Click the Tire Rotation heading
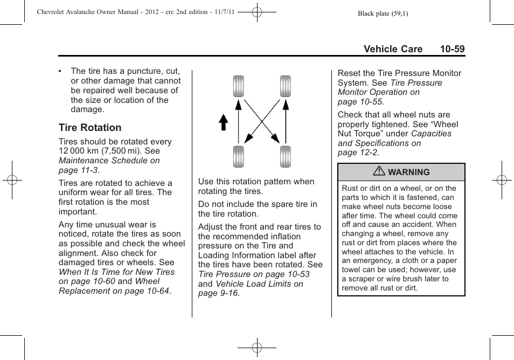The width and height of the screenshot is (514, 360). tap(90, 128)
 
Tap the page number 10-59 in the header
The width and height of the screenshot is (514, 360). tap(452, 49)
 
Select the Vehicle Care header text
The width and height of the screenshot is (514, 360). tap(393, 49)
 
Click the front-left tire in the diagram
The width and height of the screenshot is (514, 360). tap(239, 87)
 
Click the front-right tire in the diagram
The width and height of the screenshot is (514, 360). tap(286, 87)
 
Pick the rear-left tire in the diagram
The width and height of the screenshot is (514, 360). tap(239, 156)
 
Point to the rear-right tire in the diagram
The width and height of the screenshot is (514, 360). tap(286, 156)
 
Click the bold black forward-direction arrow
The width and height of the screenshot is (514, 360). tap(223, 123)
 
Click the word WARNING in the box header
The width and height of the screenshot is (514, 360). tap(409, 172)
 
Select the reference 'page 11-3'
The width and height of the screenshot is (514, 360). tap(79, 170)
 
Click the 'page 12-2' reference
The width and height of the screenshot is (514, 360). tap(358, 153)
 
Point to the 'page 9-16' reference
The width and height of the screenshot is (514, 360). tap(218, 293)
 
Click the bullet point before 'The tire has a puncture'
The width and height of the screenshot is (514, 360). tap(61, 71)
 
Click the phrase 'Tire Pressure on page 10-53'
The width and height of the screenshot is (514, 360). tap(254, 274)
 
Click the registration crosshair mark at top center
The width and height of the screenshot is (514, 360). tap(257, 11)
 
